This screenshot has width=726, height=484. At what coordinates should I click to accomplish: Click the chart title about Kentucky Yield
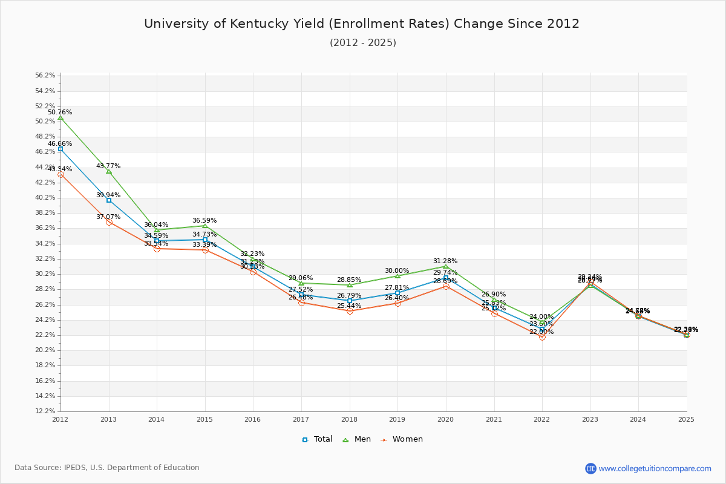pyautogui.click(x=362, y=24)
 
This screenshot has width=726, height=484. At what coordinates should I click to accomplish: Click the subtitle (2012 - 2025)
pyautogui.click(x=362, y=43)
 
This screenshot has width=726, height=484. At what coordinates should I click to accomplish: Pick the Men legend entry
pyautogui.click(x=358, y=439)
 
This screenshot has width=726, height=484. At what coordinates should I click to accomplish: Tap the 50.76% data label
pyautogui.click(x=60, y=113)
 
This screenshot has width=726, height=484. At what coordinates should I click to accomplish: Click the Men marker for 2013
pyautogui.click(x=109, y=171)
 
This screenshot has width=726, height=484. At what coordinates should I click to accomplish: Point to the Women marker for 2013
pyautogui.click(x=109, y=222)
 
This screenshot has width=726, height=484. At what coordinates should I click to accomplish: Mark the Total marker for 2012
pyautogui.click(x=60, y=149)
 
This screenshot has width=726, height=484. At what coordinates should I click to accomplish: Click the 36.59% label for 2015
pyautogui.click(x=204, y=221)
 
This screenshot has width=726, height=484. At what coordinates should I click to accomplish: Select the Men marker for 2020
pyautogui.click(x=446, y=266)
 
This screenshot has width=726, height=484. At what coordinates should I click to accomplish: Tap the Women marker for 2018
pyautogui.click(x=350, y=311)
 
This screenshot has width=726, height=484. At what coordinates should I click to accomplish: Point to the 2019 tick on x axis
pyautogui.click(x=397, y=419)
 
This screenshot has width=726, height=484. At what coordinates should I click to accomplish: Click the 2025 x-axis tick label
pyautogui.click(x=686, y=419)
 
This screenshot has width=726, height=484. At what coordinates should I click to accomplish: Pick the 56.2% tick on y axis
pyautogui.click(x=45, y=76)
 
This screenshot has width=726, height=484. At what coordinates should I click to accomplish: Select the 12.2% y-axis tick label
pyautogui.click(x=45, y=411)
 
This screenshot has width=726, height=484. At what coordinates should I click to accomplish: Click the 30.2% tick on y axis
pyautogui.click(x=45, y=274)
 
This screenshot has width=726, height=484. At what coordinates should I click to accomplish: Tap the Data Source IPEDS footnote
pyautogui.click(x=107, y=468)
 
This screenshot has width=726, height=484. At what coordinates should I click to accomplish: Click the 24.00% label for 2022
pyautogui.click(x=541, y=317)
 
